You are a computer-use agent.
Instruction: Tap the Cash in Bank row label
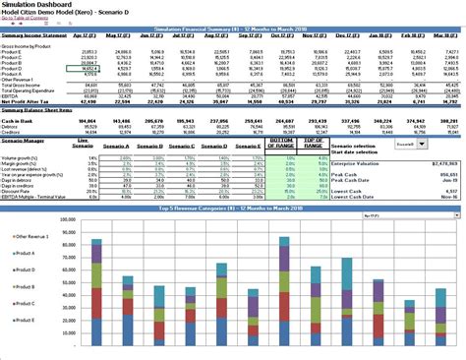pyautogui.click(x=18, y=120)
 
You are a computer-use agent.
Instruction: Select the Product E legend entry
pyautogui.click(x=24, y=321)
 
